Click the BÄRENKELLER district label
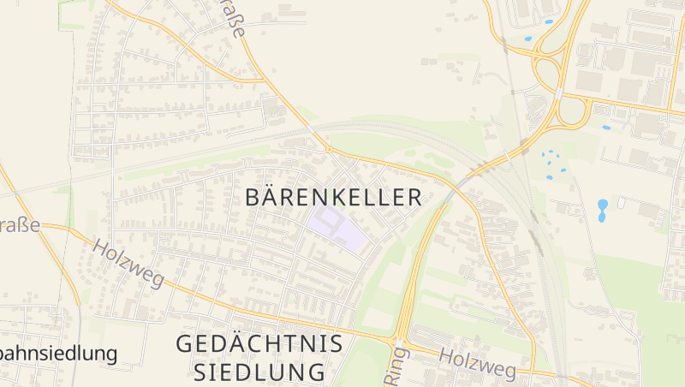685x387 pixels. pyautogui.click(x=333, y=197)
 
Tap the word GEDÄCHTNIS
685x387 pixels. pyautogui.click(x=259, y=344)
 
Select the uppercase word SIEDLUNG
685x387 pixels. pyautogui.click(x=259, y=372)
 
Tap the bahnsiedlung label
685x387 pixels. pyautogui.click(x=58, y=353)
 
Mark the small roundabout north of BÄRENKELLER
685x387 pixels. pyautogui.click(x=329, y=149)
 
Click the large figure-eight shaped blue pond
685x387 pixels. pyautogui.click(x=602, y=210)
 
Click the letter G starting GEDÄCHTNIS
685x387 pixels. pyautogui.click(x=185, y=344)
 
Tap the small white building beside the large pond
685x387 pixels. pyautogui.click(x=621, y=203)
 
